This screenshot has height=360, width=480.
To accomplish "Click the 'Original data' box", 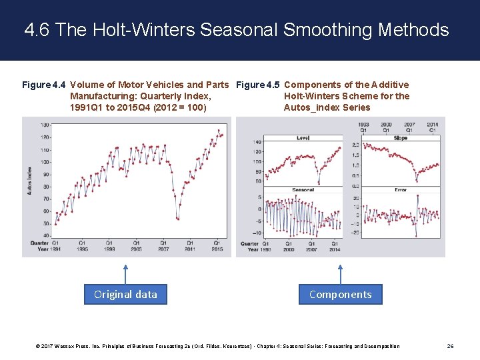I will [x=125, y=294].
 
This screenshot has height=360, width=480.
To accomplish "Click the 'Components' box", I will [x=341, y=294].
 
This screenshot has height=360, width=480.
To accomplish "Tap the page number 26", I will [x=450, y=346].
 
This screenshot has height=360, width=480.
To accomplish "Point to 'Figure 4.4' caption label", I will [x=44, y=85].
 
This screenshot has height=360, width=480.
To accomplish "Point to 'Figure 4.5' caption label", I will [x=258, y=85].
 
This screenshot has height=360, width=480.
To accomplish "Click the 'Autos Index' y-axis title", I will [x=29, y=180].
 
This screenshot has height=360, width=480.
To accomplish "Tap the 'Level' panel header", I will [x=303, y=138].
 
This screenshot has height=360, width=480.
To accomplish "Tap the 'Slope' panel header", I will [x=400, y=138].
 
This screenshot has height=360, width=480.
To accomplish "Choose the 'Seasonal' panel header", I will [x=303, y=190].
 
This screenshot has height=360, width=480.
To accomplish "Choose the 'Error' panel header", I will [x=400, y=190].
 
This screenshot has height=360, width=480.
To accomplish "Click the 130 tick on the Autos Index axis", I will [x=45, y=125].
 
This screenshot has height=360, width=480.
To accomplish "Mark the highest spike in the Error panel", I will [x=418, y=196].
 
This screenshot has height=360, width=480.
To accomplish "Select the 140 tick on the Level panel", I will [x=257, y=143].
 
